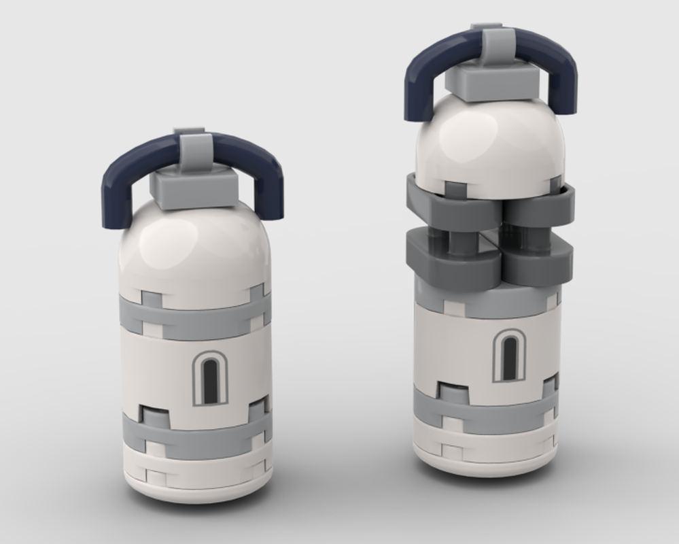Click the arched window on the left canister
(210, 379)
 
